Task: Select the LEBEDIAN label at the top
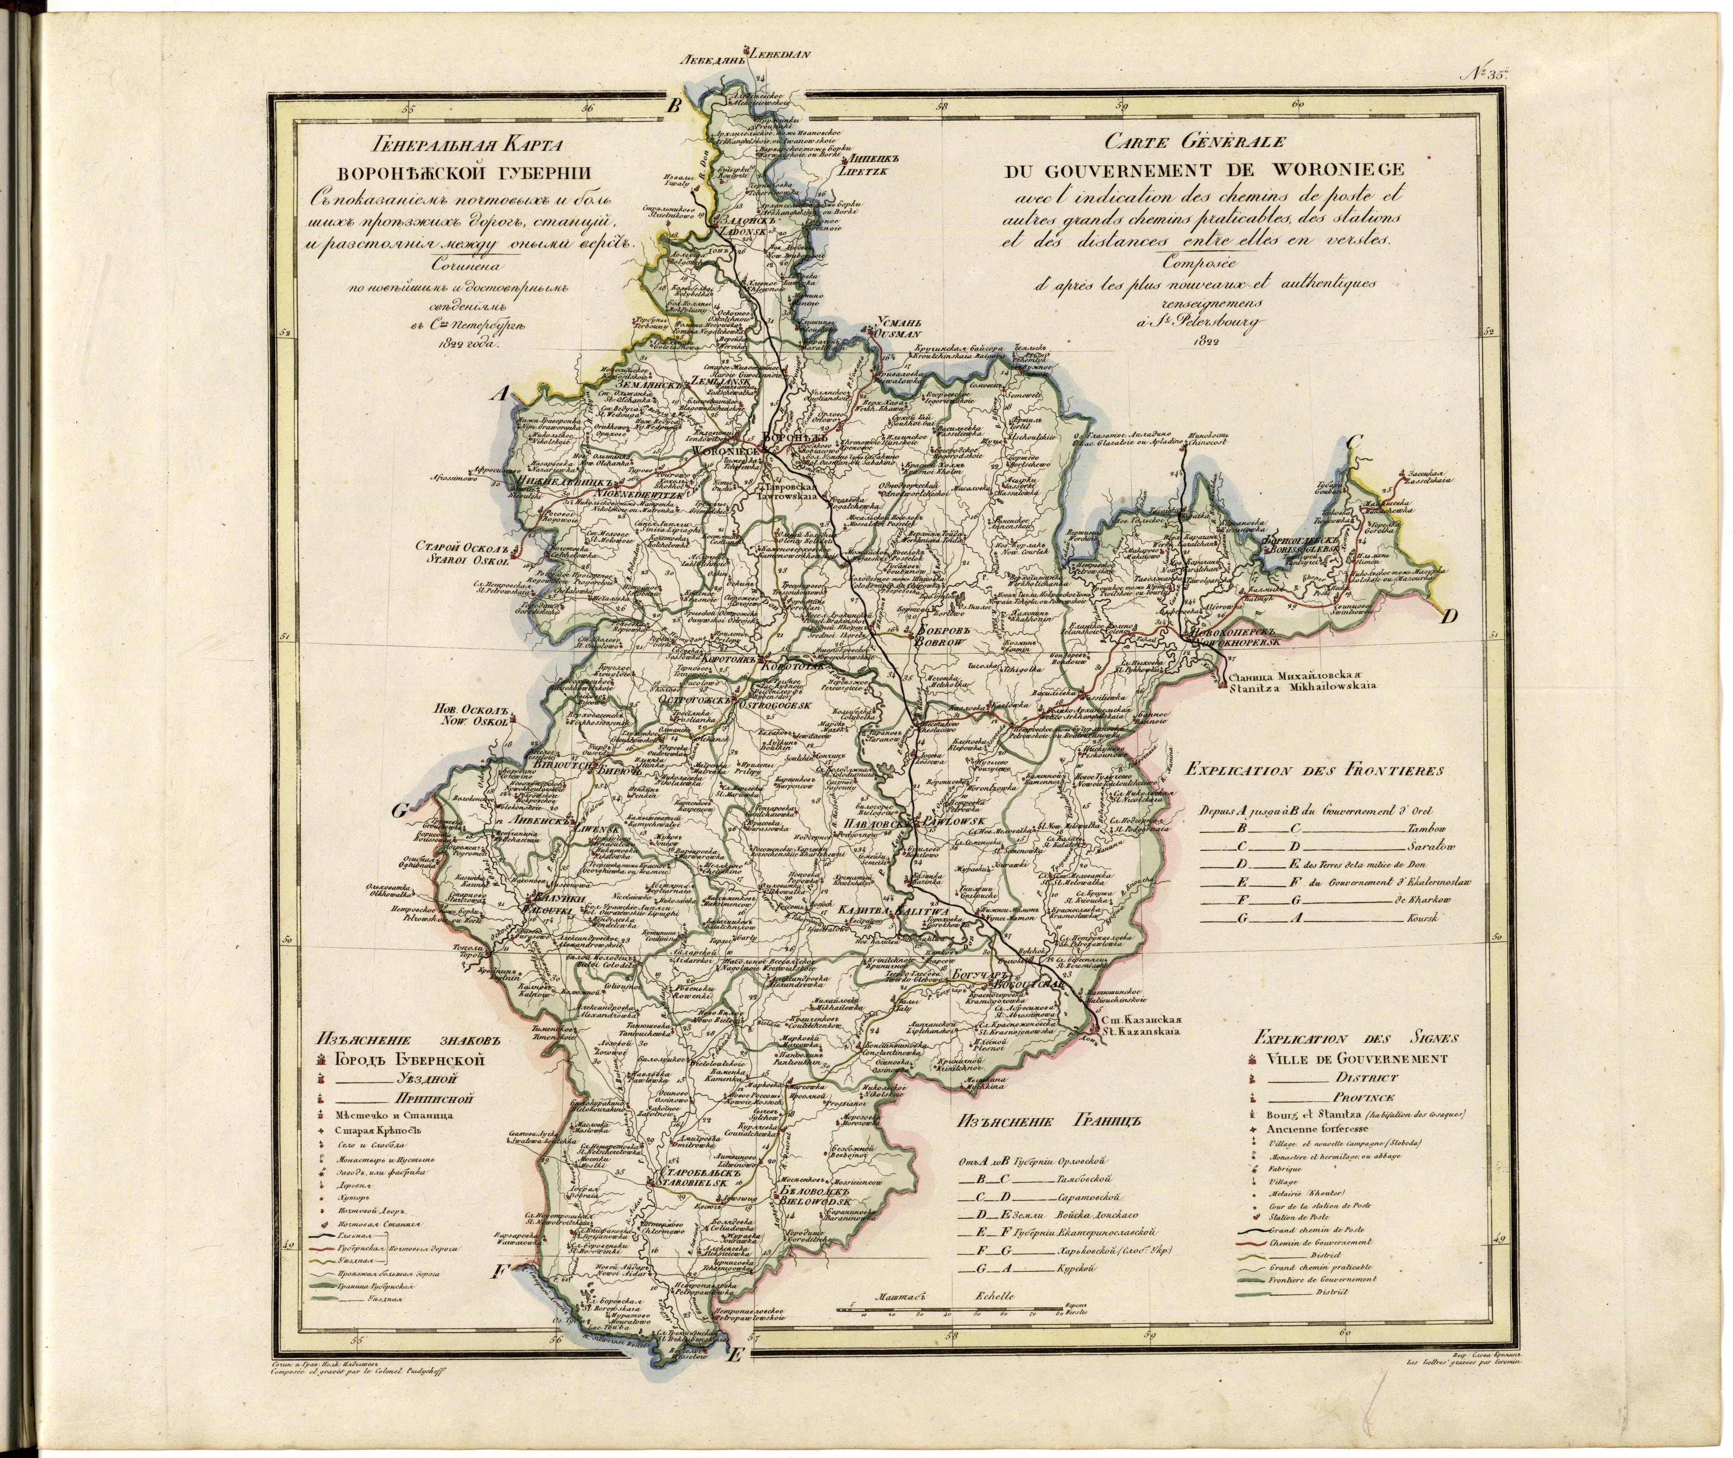click(x=781, y=56)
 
